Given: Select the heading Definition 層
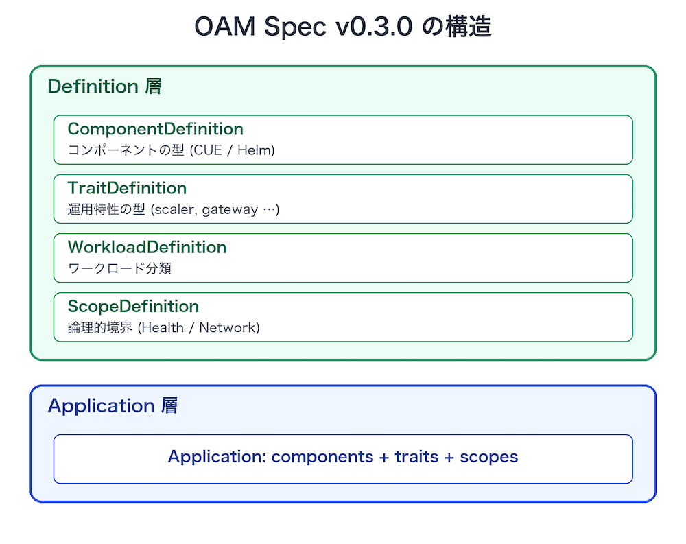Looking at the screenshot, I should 104,87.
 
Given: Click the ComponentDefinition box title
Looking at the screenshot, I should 155,129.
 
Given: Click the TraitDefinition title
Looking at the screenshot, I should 127,188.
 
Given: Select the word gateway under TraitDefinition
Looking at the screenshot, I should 230,209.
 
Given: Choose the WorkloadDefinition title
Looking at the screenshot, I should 147,247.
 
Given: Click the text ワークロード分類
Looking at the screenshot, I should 119,268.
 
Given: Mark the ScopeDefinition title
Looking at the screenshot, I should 133,306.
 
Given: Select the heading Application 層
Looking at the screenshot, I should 113,406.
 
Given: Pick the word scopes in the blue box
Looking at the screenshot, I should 488,457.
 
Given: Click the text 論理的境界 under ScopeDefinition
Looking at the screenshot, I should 100,327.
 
